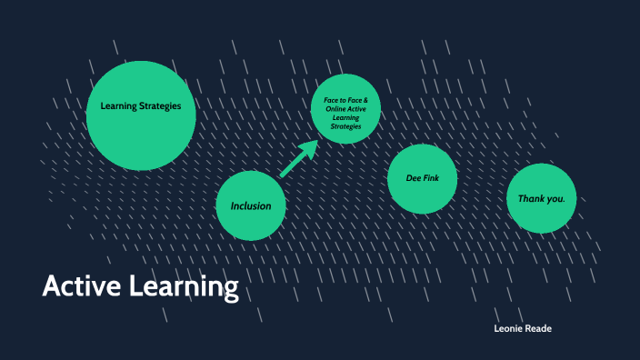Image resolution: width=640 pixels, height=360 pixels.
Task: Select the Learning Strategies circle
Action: (141, 115)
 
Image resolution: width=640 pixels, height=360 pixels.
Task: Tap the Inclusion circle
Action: (251, 205)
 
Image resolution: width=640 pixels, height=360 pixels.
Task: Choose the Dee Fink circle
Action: (422, 178)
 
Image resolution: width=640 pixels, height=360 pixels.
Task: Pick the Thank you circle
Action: (542, 198)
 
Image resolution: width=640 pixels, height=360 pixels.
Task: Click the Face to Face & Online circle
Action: (345, 107)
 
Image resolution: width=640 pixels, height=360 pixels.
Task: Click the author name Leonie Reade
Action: (522, 329)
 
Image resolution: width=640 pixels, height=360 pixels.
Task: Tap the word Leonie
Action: (507, 329)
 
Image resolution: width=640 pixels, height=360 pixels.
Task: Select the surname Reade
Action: (538, 329)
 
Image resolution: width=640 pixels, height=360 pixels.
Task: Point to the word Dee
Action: (414, 178)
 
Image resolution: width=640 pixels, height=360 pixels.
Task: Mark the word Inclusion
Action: (251, 205)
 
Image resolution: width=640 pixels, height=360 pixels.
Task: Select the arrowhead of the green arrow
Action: (309, 149)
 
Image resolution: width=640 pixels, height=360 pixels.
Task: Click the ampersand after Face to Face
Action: (365, 99)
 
